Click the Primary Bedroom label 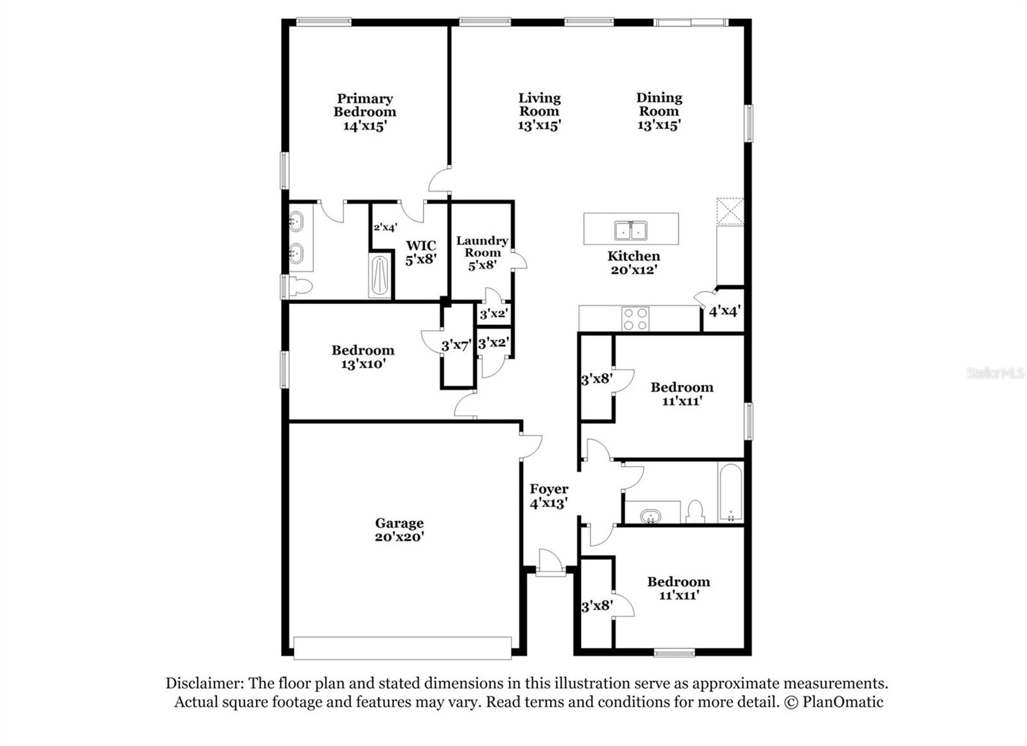(365, 105)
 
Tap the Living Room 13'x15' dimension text (539, 125)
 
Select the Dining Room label (659, 105)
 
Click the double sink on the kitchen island (630, 230)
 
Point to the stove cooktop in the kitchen (635, 319)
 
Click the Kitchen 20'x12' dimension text (634, 270)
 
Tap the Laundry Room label (482, 246)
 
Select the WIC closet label (421, 246)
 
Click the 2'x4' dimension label (385, 227)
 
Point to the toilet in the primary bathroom (299, 286)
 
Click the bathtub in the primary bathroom (380, 276)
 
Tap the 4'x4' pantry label (724, 312)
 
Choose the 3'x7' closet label (456, 346)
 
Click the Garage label (399, 523)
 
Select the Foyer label (549, 489)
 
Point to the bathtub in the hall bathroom (730, 492)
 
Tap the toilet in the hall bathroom (695, 511)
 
